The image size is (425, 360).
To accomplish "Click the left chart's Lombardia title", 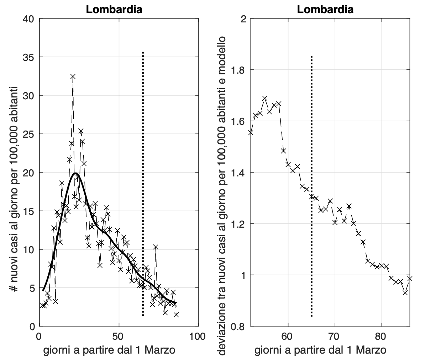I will [114, 10].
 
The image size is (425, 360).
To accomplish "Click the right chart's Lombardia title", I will [325, 10].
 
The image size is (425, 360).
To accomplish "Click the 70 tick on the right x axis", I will [335, 336].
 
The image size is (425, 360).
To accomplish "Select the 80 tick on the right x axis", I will [382, 336].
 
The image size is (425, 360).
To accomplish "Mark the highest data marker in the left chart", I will [73, 76].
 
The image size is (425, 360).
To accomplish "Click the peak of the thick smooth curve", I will [75, 173].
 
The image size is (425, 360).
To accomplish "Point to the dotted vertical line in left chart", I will [143, 178].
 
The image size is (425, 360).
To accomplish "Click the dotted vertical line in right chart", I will [311, 178].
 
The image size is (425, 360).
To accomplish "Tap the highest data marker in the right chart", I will [265, 98].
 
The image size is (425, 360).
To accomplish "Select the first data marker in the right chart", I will [251, 132].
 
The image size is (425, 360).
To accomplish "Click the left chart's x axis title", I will [109, 350].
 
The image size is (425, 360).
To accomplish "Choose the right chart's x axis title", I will [320, 350].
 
